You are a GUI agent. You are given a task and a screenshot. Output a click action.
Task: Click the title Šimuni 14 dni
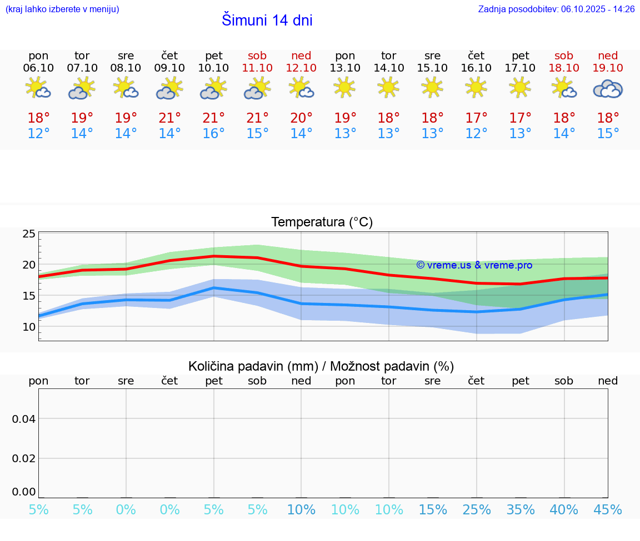click(x=267, y=21)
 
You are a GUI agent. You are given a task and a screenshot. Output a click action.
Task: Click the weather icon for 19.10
click(x=608, y=89)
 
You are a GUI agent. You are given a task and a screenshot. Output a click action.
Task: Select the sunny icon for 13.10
click(x=345, y=88)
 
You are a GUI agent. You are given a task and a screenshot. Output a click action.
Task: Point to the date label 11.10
click(x=257, y=68)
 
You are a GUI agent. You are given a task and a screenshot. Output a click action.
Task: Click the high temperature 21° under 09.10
click(x=170, y=118)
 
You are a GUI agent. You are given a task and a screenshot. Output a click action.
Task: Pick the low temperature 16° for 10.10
click(x=214, y=134)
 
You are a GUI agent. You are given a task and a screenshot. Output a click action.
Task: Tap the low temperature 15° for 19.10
click(x=608, y=134)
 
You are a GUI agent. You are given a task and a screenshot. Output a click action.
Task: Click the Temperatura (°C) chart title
click(x=322, y=222)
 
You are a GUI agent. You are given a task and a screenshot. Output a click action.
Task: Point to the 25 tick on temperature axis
click(x=29, y=234)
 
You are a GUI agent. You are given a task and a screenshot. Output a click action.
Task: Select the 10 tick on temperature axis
click(x=29, y=327)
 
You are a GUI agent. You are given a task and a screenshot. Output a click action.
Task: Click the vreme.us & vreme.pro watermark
click(x=474, y=265)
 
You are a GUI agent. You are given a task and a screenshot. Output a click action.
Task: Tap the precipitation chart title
click(x=321, y=366)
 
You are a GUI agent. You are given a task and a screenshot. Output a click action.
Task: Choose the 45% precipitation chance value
click(x=608, y=510)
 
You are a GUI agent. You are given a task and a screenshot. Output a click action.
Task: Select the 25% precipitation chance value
click(x=477, y=510)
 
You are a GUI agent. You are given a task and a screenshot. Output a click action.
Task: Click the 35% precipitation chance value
click(x=521, y=510)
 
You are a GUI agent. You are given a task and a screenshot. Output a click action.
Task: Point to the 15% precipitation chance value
click(x=433, y=510)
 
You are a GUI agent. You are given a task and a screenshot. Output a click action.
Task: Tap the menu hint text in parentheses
click(x=62, y=9)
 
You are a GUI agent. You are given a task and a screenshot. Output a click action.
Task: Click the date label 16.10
click(x=476, y=68)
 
